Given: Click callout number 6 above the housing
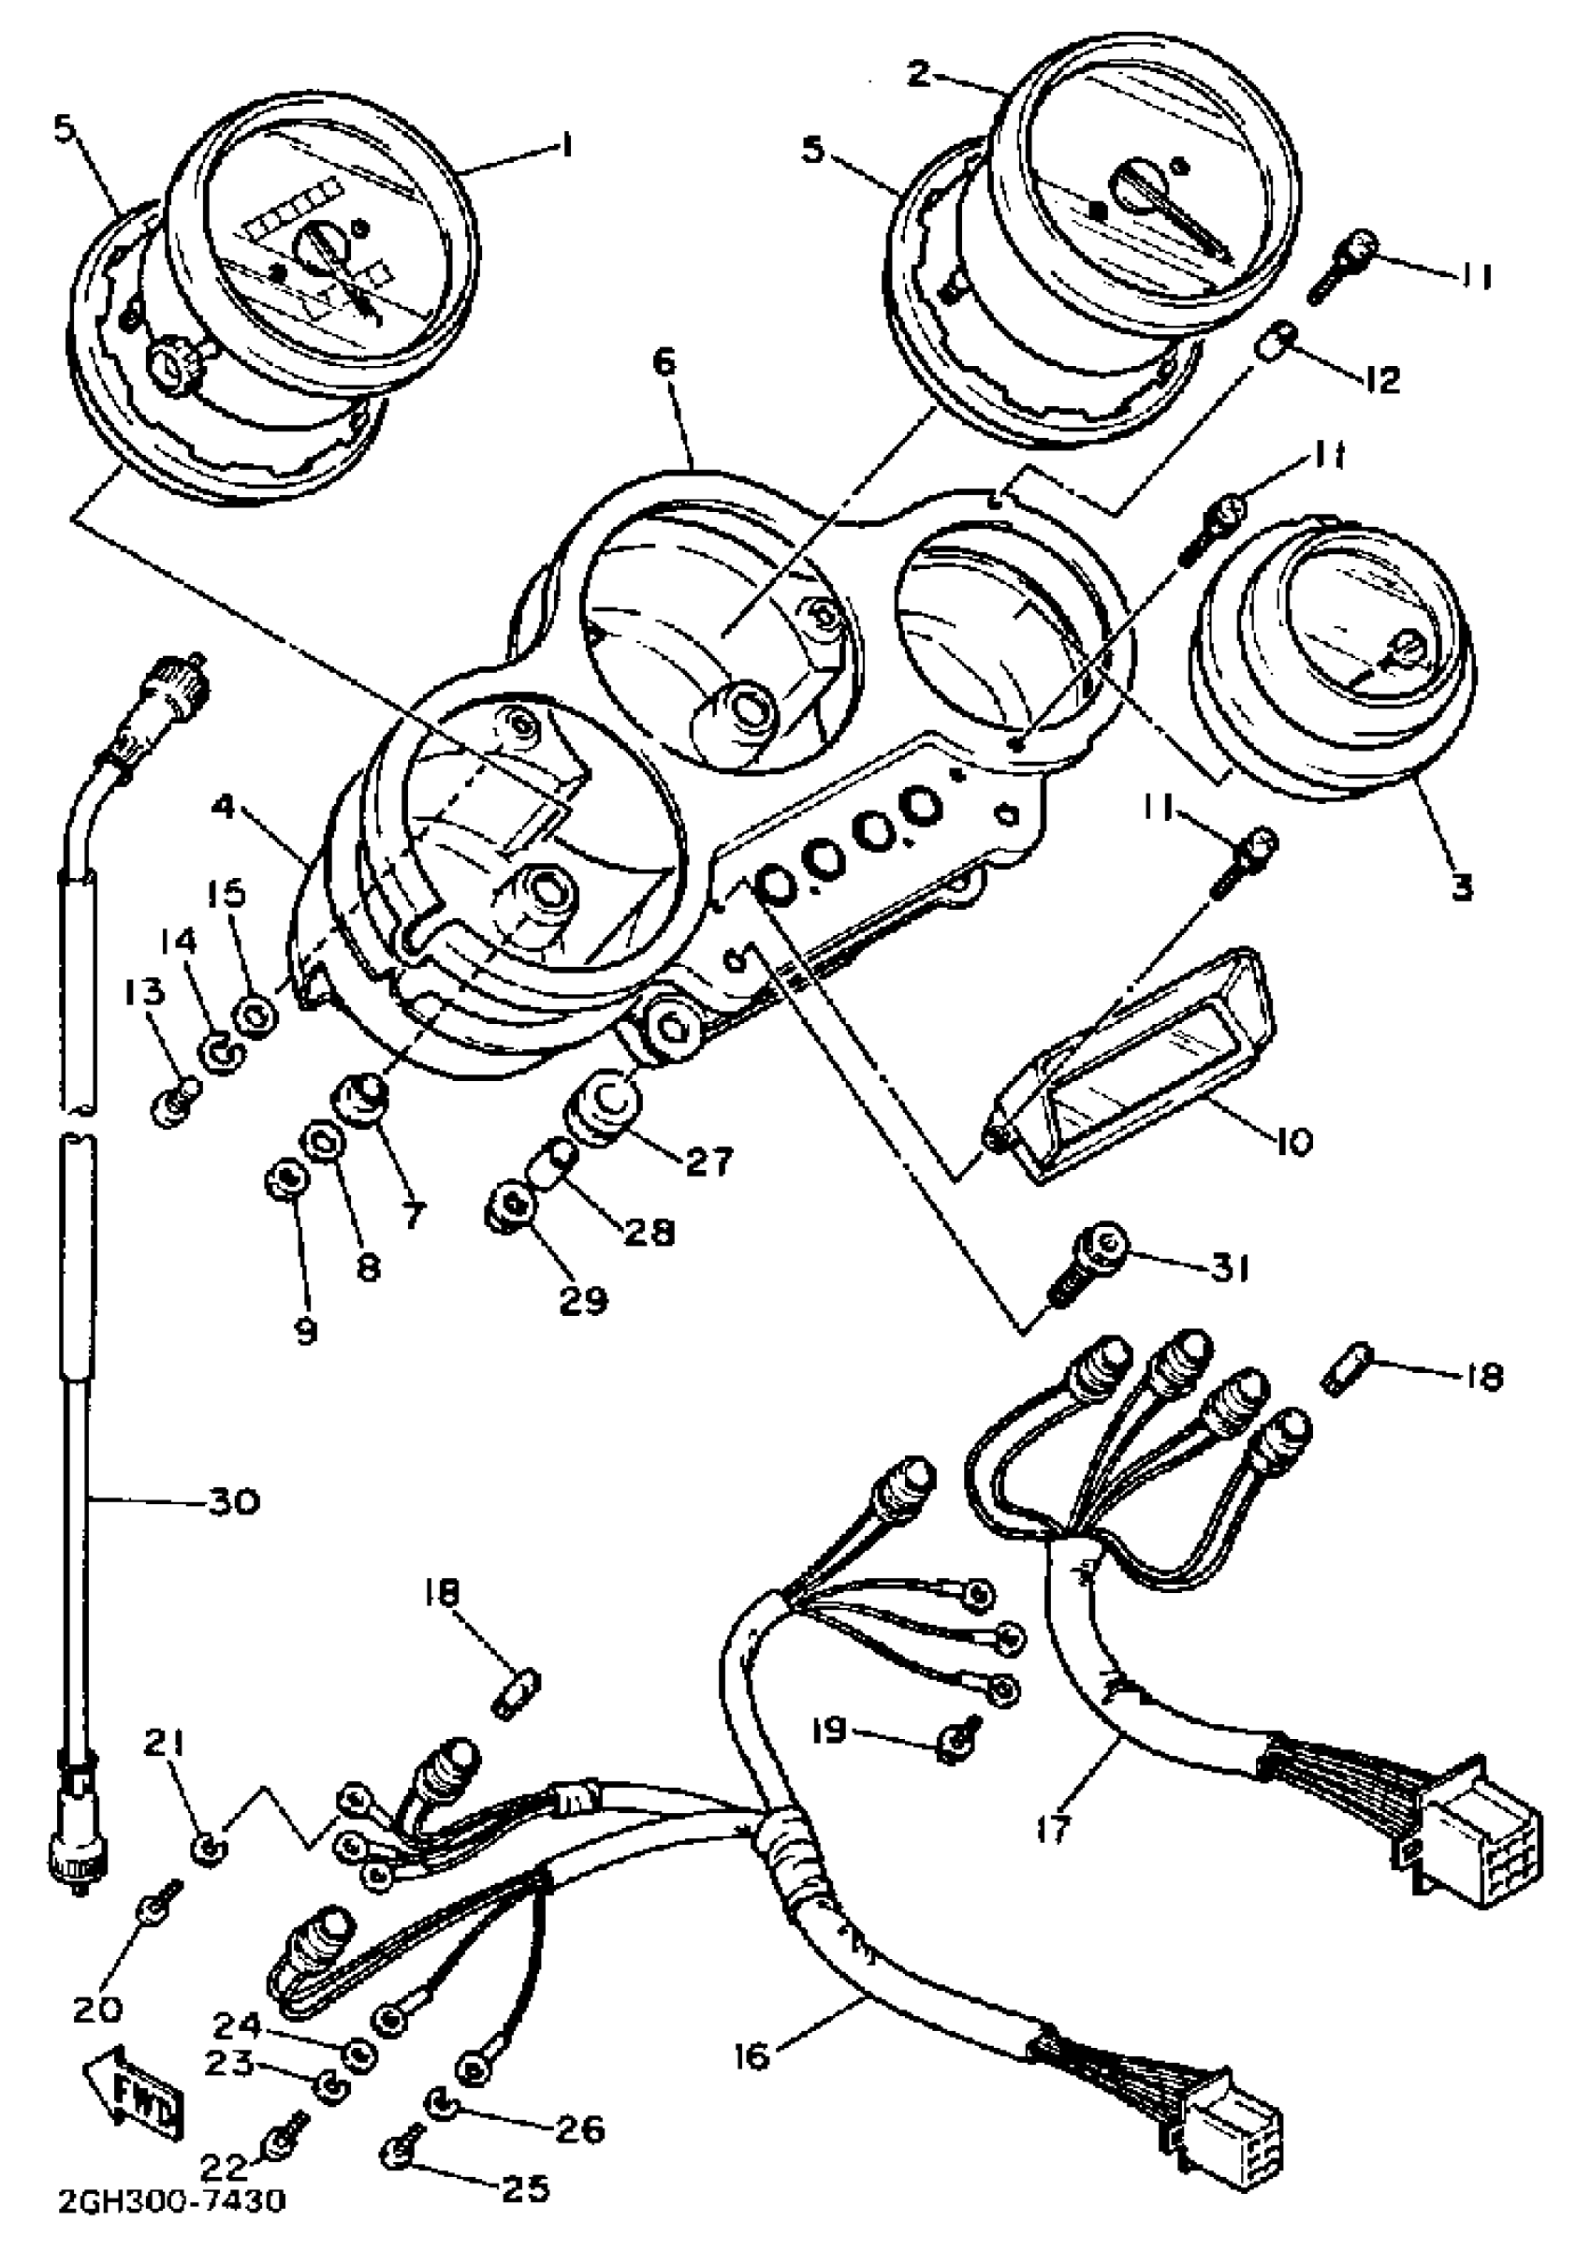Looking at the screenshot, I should point(664,363).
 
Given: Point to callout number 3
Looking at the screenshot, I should point(1461,888).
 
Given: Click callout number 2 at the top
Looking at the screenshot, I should point(917,74).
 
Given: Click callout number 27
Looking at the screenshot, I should point(708,1162).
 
